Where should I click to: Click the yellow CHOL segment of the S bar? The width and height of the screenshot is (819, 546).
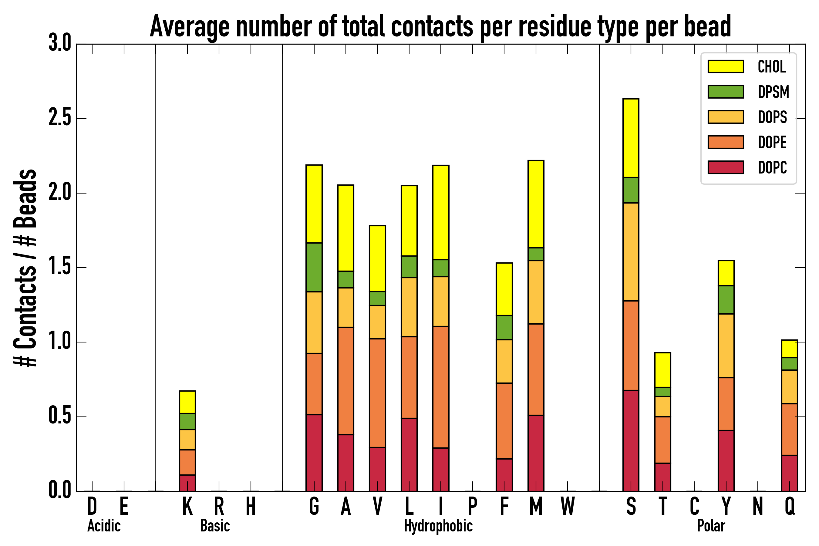coord(631,138)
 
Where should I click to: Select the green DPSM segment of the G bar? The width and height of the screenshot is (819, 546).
coord(314,267)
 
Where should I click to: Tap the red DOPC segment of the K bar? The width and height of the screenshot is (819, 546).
coord(187,483)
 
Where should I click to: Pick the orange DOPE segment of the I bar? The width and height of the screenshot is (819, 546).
coord(440,387)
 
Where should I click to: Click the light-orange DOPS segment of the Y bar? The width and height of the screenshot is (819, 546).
coord(726,346)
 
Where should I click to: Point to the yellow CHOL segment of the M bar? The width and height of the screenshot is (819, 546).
coord(536,204)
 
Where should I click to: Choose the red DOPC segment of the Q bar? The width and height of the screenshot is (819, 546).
coord(789,473)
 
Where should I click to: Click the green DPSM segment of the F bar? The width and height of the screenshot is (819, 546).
coord(504,327)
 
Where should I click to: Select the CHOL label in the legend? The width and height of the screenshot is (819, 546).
coord(772,66)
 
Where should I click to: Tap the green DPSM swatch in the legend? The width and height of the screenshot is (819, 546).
coord(726,92)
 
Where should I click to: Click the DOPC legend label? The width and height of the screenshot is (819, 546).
coord(772,167)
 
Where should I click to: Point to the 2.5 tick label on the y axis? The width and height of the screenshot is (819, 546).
coord(59,118)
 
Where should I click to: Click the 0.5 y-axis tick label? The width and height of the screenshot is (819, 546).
coord(59,416)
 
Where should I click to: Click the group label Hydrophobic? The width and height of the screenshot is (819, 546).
coord(438,526)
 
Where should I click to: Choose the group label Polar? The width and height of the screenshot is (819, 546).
coord(711,526)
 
